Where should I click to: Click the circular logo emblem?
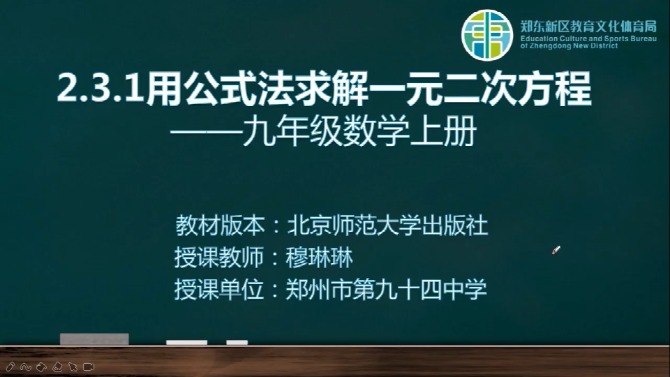click(486, 35)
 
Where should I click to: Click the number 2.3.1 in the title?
click(100, 89)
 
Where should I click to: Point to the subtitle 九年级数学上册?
click(360, 132)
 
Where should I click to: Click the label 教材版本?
click(221, 226)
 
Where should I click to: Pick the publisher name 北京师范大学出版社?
click(387, 226)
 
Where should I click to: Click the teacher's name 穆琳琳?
click(319, 258)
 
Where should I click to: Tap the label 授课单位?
click(218, 289)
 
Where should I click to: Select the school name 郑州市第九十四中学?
click(386, 289)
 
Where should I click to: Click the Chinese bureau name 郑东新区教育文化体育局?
click(588, 27)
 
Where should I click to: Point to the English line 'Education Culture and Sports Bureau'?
click(588, 38)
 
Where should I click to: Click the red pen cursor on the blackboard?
click(556, 250)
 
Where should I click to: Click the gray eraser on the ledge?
click(94, 339)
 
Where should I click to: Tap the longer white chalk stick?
click(187, 342)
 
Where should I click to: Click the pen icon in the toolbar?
click(10, 367)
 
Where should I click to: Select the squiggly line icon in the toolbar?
click(26, 367)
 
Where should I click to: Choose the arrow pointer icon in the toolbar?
click(73, 367)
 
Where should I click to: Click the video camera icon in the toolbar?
click(89, 367)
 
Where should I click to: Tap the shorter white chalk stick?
click(237, 342)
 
